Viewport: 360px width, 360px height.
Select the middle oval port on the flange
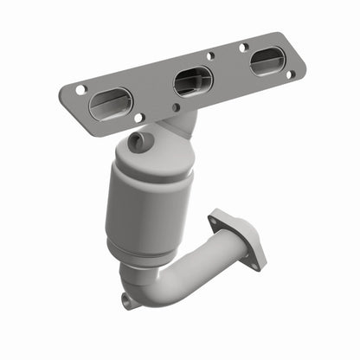click(193, 80)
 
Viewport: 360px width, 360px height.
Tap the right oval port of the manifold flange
click(267, 61)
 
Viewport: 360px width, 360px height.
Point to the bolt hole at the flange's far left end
click(80, 89)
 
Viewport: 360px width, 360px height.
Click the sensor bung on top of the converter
click(138, 141)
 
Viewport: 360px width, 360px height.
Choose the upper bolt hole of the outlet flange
click(216, 222)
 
